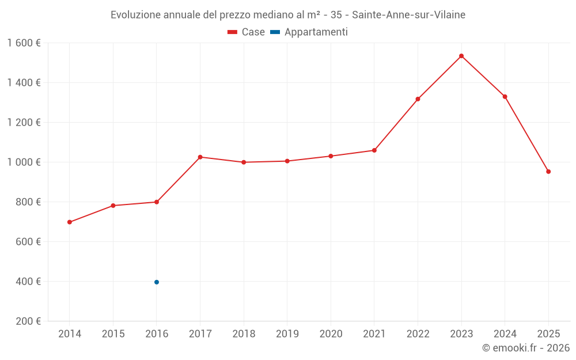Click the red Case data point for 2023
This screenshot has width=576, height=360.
coord(461,56)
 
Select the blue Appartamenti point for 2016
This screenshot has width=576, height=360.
coord(157,282)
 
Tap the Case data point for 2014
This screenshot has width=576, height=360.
coord(70,222)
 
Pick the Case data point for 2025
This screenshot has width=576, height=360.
coord(548,172)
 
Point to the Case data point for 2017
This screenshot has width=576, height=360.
coord(200,157)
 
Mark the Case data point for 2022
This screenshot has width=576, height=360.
coord(418,99)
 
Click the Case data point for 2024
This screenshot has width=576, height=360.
coord(505,97)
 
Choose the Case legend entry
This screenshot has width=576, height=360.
coord(247,32)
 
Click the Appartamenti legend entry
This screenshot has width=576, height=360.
coord(309,32)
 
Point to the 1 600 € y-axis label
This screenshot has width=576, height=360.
coord(24,43)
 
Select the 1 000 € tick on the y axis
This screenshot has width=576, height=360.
coord(24,162)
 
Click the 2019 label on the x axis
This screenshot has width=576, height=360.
coord(287,334)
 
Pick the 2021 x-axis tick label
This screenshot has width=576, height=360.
coord(374,334)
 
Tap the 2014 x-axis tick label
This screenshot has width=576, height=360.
coord(70,334)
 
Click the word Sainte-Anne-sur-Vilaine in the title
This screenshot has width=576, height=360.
coord(408,15)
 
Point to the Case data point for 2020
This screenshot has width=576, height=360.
coord(331,156)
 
